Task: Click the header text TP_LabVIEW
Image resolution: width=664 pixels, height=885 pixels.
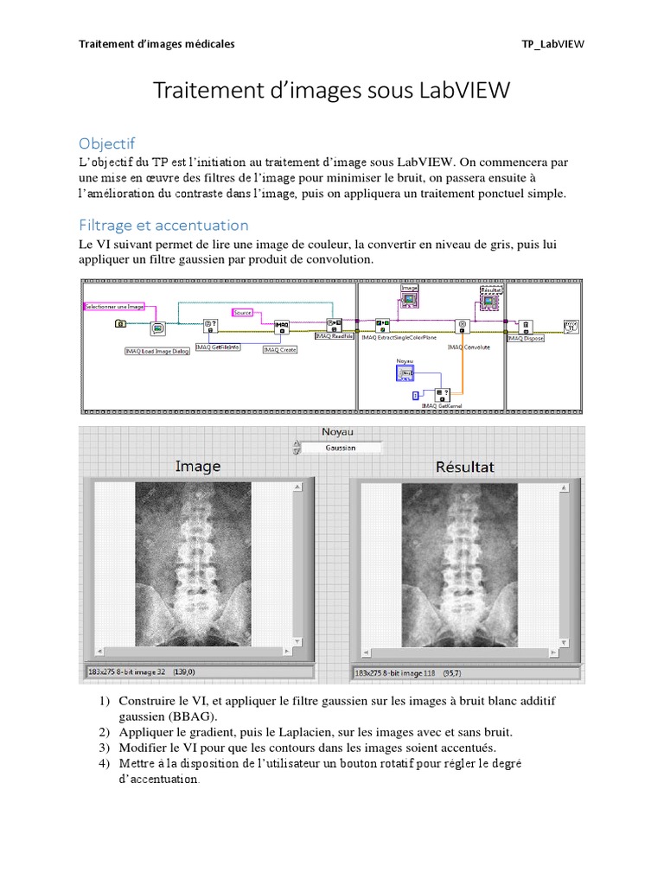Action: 553,44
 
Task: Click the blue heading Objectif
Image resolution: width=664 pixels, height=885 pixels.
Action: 107,143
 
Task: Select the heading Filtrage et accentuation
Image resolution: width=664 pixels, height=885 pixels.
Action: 163,225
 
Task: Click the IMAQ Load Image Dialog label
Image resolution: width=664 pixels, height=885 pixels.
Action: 156,351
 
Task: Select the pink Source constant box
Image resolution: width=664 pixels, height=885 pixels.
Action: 242,311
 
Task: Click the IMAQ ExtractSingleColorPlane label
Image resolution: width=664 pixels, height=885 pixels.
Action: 399,337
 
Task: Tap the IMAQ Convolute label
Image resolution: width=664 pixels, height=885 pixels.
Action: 468,347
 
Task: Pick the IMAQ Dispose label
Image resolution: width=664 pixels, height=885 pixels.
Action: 526,339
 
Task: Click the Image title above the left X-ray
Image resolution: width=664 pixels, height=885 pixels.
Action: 197,467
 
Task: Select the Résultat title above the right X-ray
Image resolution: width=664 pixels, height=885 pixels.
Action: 465,468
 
